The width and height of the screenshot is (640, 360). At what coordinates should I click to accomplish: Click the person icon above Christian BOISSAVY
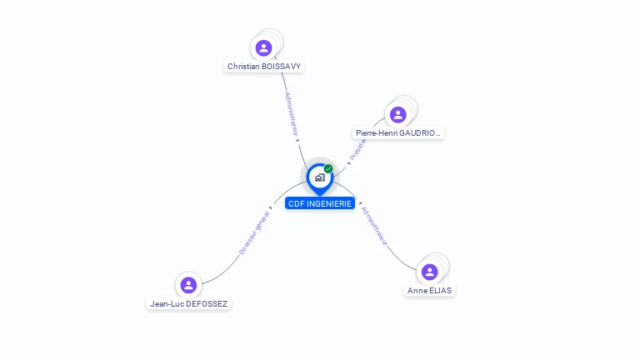click(264, 47)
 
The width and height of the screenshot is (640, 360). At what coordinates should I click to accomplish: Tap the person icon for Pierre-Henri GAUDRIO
click(397, 115)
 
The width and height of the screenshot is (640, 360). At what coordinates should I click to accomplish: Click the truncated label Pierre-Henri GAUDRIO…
click(397, 133)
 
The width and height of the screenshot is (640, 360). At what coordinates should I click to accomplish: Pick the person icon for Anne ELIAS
click(430, 272)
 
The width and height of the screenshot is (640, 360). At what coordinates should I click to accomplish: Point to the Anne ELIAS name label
click(430, 291)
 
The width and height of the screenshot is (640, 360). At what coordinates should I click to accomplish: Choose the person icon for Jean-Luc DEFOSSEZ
click(189, 285)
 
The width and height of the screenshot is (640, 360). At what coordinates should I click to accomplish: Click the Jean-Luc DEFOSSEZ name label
click(189, 304)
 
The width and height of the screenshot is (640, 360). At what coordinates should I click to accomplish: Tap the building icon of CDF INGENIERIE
click(319, 177)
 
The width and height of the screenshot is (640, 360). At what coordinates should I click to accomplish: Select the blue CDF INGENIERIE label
click(321, 203)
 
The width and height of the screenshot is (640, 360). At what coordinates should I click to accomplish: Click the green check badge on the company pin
click(328, 169)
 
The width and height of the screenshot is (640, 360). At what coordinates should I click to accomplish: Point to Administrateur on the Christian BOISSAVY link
click(291, 114)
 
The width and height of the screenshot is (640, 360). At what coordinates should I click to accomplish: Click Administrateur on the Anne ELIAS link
click(374, 225)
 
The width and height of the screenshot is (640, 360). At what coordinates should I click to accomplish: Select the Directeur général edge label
click(253, 232)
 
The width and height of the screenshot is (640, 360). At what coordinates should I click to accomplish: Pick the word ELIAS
click(441, 291)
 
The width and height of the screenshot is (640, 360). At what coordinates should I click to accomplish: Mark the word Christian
click(242, 66)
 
